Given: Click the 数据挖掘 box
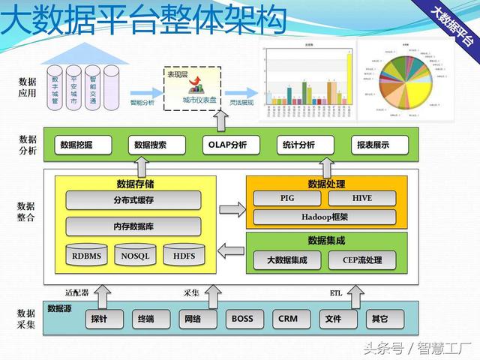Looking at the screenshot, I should coord(76,145).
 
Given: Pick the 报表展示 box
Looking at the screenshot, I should coord(373,145).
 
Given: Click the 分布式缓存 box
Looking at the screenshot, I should coord(133,200).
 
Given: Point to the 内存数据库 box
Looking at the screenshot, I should coord(133,226).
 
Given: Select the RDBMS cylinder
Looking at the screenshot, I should coord(87,256).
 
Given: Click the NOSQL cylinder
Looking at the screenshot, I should coord(135,256).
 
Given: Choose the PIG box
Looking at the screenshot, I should coord(288,198).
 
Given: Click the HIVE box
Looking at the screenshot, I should coord(361,198).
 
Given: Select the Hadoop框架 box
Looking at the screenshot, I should coord(325,217).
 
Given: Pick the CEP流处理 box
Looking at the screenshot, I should coord(361,260).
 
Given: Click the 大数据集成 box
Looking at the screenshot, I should coord(292,260).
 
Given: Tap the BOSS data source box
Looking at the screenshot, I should coord(242,319).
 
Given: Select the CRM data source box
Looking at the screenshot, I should coord(287,319).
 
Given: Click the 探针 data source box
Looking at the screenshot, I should coord(99,319).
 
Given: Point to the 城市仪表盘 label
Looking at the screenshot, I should coord(200,100).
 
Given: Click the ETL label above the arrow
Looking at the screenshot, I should coord(335,292).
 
